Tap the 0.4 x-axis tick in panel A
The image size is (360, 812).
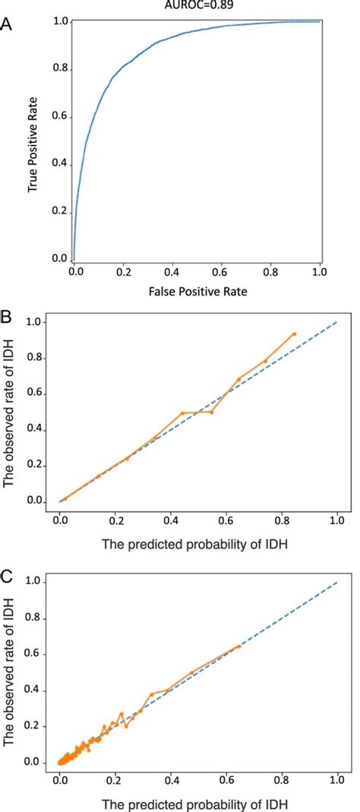tap(172, 270)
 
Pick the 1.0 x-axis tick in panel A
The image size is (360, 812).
tap(319, 270)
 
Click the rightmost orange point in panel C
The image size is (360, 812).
tap(239, 646)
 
